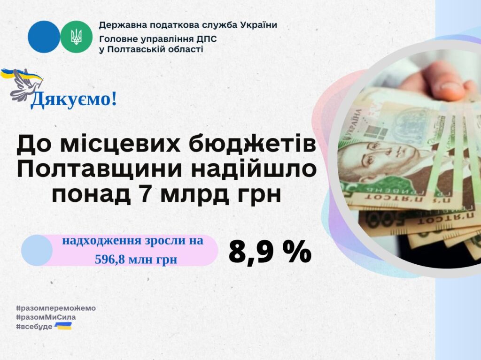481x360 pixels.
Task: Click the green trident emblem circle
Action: click(x=76, y=37)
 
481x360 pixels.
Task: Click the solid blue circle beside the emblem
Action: click(x=44, y=37)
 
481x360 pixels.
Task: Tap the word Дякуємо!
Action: click(x=74, y=100)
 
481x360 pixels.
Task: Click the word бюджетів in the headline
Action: click(x=252, y=144)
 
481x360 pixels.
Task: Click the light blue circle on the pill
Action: click(x=37, y=250)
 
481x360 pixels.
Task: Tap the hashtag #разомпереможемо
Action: click(x=56, y=308)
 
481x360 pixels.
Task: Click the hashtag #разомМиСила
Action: click(x=46, y=317)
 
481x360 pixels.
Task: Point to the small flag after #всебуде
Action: click(x=63, y=326)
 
